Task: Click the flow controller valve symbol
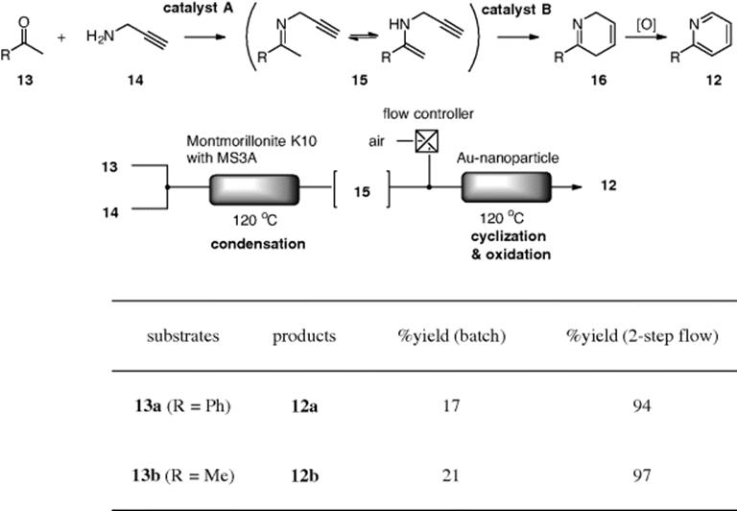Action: (427, 141)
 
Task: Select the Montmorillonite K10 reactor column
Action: (253, 189)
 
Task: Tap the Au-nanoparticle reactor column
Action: (507, 187)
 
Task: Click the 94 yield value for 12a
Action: (642, 405)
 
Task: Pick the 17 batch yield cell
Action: (451, 405)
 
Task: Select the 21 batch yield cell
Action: (450, 475)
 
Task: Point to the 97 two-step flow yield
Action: (642, 475)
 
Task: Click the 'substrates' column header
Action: (183, 336)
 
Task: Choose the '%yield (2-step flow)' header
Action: (642, 336)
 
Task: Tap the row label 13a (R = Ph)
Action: (183, 405)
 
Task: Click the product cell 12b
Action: (304, 475)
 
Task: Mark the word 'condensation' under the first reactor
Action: (258, 244)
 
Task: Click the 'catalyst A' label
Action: (198, 9)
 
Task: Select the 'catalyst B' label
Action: (516, 10)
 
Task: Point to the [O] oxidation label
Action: (646, 25)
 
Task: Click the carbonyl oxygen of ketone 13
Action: (23, 22)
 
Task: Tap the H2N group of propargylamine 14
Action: (100, 36)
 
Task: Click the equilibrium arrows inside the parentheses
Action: (364, 36)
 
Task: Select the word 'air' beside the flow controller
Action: (376, 141)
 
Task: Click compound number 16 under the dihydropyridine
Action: (599, 80)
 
